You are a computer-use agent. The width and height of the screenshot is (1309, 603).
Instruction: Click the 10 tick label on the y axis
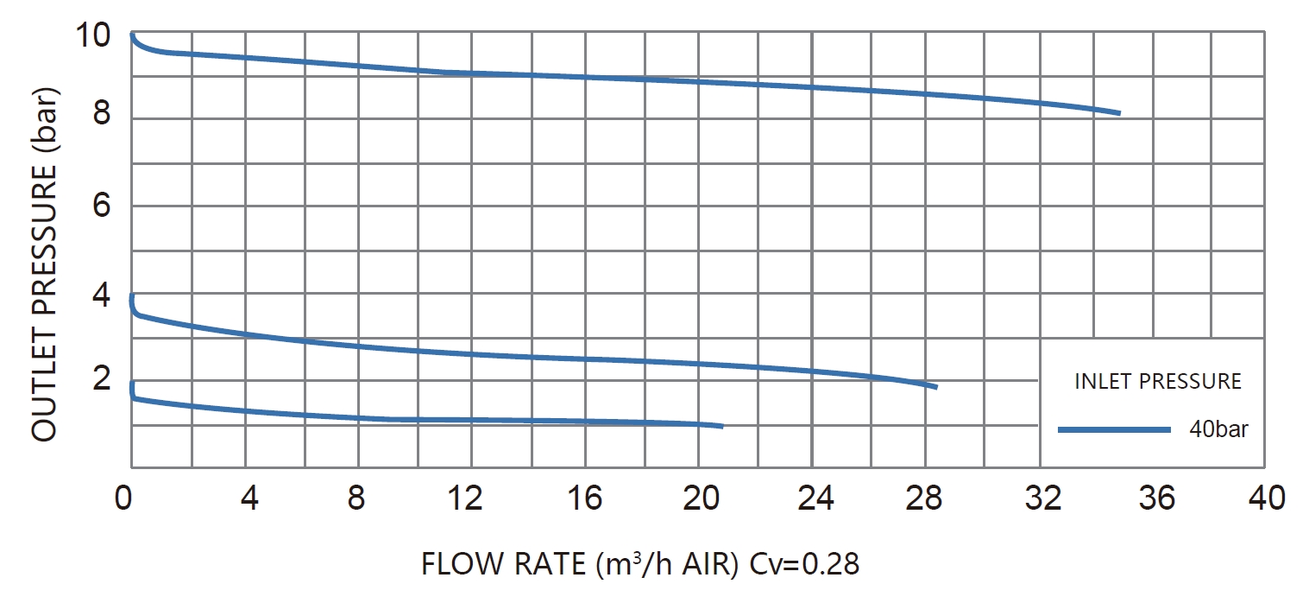pos(93,35)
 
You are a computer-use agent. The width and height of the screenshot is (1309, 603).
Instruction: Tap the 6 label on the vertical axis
pos(101,206)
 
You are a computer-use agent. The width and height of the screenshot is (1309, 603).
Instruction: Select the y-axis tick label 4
pos(101,295)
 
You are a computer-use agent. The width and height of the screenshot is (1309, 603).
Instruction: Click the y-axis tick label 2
pos(101,378)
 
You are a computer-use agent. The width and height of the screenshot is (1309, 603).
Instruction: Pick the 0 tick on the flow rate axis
pos(123,498)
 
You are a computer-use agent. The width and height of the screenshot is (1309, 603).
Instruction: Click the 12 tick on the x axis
pos(465,498)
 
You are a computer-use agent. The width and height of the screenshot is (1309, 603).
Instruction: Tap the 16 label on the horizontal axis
pos(584,498)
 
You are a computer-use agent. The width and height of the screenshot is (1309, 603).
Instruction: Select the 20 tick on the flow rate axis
pos(701,498)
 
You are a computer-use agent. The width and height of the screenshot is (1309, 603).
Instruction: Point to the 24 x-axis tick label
pos(815,498)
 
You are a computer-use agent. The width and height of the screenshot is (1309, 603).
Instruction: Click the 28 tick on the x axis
pos(924,498)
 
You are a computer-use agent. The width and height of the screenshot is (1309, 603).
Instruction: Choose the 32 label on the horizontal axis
pos(1042,498)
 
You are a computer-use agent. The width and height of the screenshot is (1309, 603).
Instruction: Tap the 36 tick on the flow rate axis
pos(1156,498)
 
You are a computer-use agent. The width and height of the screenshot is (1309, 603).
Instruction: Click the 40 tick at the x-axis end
pos(1267,498)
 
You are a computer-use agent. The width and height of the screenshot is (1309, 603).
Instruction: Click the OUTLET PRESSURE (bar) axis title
pos(44,264)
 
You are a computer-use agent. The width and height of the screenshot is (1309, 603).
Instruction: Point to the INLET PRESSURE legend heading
pos(1158,381)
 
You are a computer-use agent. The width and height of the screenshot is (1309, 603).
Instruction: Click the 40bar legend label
pos(1218,429)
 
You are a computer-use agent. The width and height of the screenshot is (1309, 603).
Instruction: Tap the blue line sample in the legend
pos(1114,430)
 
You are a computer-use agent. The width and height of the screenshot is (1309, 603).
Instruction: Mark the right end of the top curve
pos(1119,113)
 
